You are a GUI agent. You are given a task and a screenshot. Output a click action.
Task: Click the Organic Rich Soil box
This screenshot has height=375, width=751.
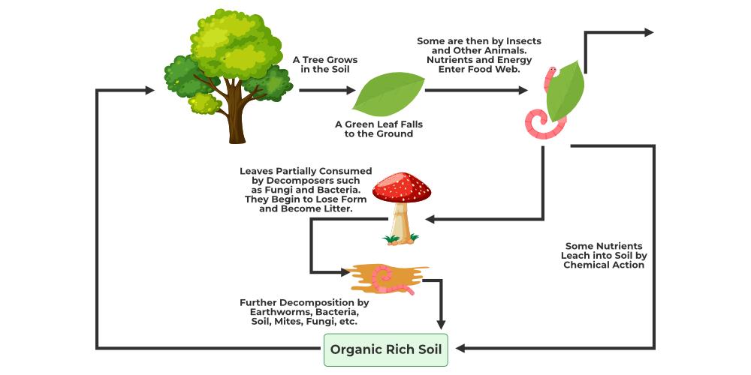click(385, 349)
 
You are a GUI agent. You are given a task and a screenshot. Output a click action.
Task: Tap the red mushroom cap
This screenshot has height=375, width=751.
click(401, 187)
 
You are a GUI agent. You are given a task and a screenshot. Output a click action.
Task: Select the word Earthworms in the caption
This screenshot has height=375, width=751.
click(272, 312)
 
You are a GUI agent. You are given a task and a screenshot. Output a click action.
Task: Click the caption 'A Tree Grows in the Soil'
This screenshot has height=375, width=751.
click(325, 64)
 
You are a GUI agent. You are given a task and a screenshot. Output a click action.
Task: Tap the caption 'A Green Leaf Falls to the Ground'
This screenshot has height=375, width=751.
click(374, 129)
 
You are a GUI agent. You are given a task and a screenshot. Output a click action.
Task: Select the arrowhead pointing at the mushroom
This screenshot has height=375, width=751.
click(430, 219)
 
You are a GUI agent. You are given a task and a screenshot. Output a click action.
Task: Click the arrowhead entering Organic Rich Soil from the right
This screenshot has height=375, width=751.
click(461, 348)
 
